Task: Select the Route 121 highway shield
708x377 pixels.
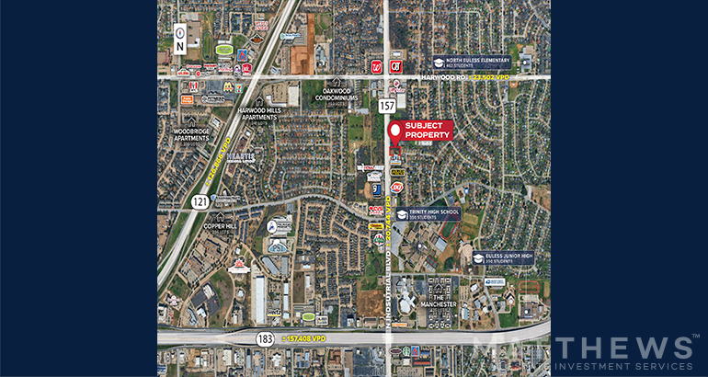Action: pyautogui.click(x=201, y=201)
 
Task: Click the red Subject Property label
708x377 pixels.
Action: pyautogui.click(x=421, y=131)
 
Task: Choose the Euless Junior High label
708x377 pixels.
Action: pyautogui.click(x=503, y=258)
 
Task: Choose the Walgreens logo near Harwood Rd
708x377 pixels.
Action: pyautogui.click(x=376, y=66)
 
